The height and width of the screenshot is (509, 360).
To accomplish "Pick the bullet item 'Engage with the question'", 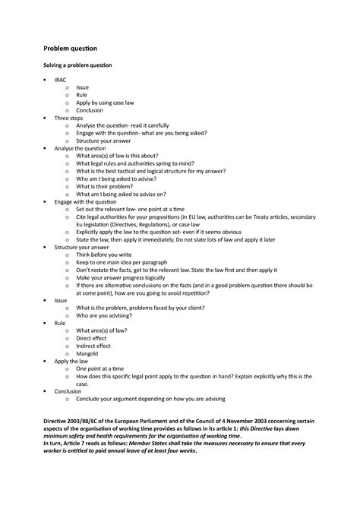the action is coord(86,201).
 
